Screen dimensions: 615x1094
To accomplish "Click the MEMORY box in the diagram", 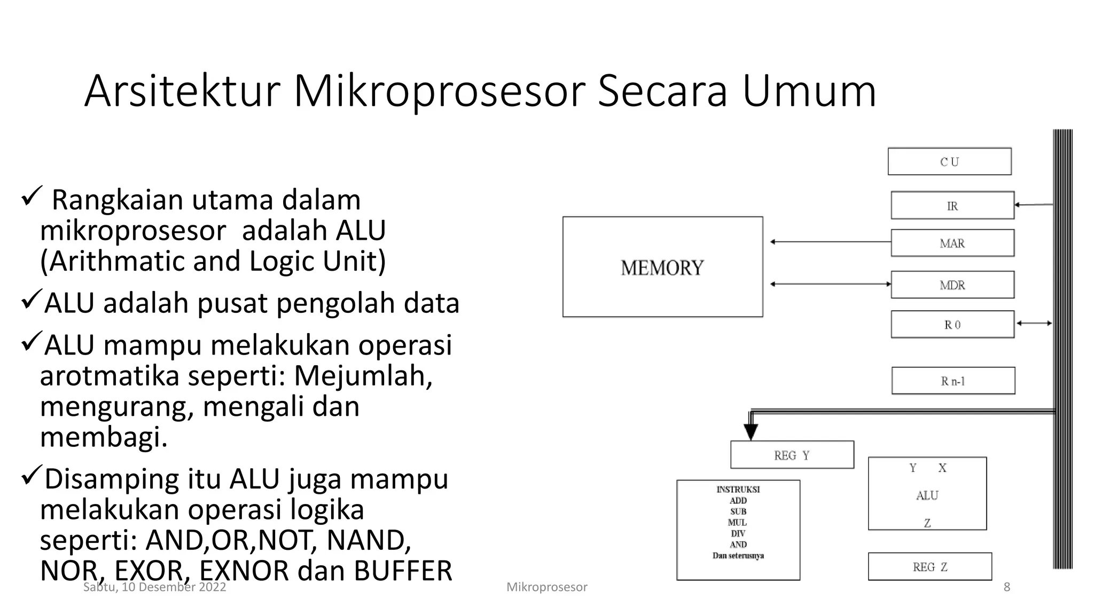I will click(x=662, y=267).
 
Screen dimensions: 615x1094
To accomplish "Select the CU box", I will click(x=949, y=161).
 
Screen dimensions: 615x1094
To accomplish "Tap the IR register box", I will click(x=952, y=206).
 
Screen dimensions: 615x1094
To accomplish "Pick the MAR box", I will click(x=952, y=243).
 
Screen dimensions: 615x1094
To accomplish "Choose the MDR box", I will click(x=952, y=285).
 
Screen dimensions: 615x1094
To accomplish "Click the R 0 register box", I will click(x=952, y=325).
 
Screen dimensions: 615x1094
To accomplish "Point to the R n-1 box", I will click(x=953, y=381).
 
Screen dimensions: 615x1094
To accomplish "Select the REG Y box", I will click(x=792, y=455).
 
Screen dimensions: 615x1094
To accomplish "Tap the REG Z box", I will click(x=929, y=566).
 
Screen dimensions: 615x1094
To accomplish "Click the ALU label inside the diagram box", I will click(x=927, y=495).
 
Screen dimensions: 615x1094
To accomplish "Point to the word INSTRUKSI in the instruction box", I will click(x=738, y=489).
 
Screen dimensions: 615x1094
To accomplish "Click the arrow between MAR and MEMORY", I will click(x=830, y=242).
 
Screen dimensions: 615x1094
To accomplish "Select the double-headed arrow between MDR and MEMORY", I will click(x=830, y=284).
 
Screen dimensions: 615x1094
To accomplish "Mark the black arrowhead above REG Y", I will click(x=751, y=431).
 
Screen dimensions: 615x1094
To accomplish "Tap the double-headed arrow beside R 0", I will click(x=1034, y=323).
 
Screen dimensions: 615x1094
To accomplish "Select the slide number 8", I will click(x=1006, y=587).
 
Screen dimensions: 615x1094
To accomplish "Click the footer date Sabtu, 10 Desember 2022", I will click(x=154, y=587).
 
